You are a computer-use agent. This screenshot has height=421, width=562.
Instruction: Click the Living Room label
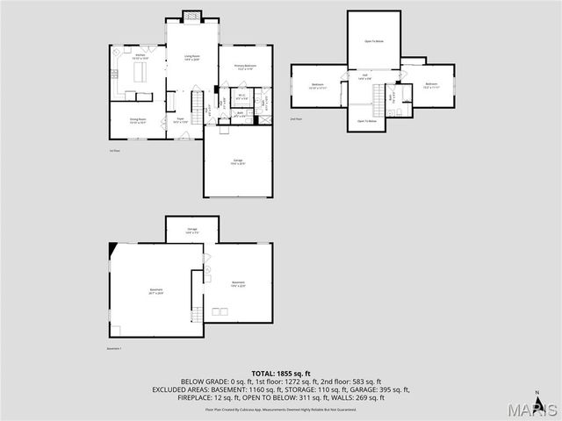[x=191, y=58]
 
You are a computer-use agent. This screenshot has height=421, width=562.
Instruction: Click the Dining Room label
[x=137, y=120]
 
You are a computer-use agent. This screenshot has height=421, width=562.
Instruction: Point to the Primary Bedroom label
[x=245, y=67]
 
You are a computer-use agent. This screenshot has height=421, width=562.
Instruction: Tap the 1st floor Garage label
[x=238, y=161]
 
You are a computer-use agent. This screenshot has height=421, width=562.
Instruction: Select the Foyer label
[x=180, y=120]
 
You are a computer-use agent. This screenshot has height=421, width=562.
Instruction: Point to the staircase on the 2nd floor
[x=380, y=104]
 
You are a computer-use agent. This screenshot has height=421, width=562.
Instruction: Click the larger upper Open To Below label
[x=372, y=41]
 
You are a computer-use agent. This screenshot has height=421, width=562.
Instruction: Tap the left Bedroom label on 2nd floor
[x=318, y=86]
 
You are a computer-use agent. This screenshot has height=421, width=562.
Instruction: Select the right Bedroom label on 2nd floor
[x=429, y=86]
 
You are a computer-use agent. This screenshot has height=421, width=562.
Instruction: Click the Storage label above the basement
[x=191, y=230]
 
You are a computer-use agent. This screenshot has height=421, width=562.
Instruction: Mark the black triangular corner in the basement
[x=112, y=250]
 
